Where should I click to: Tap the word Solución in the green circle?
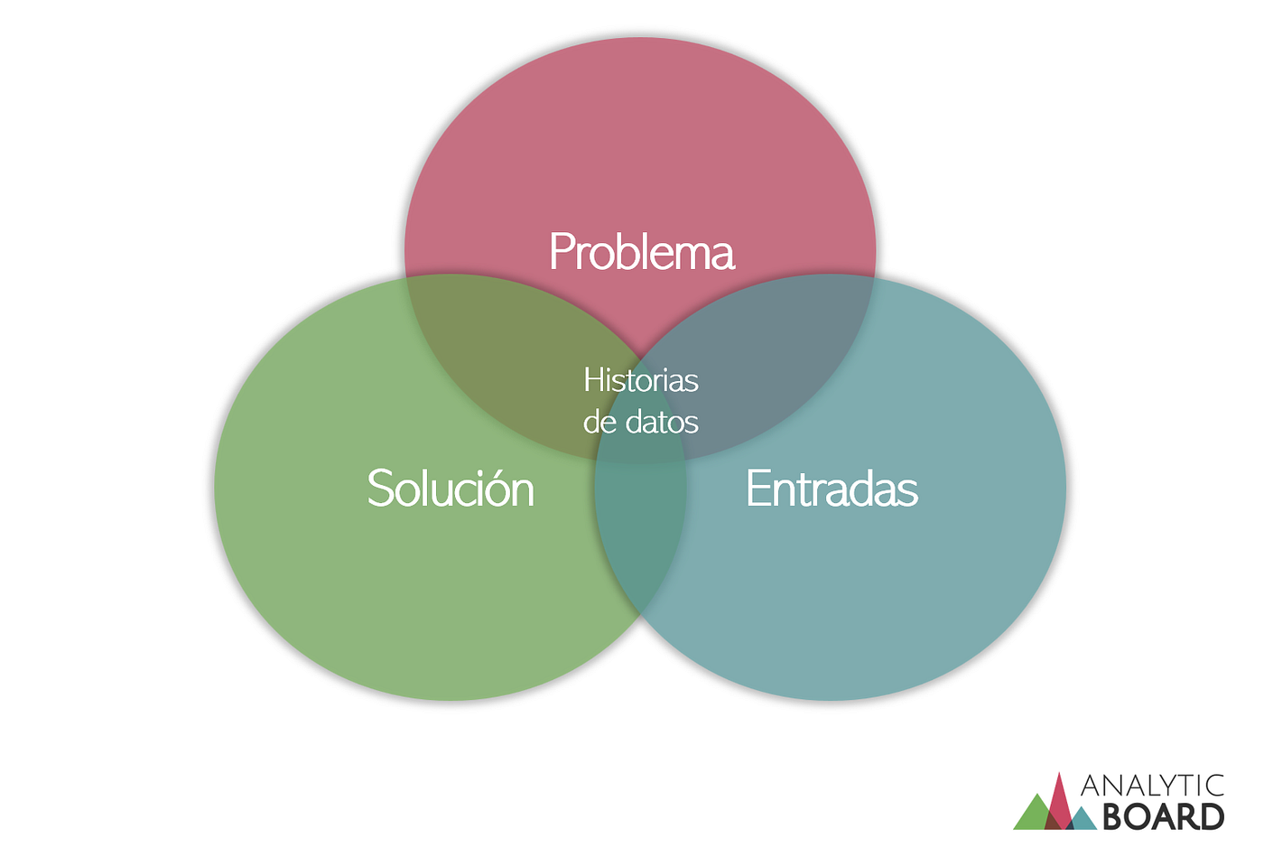(451, 489)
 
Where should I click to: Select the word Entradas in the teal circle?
(832, 489)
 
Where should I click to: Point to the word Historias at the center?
(641, 380)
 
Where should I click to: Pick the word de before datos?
(599, 422)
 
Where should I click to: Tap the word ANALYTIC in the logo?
(1152, 786)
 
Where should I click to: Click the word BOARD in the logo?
(1163, 817)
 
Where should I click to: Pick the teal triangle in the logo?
(1083, 819)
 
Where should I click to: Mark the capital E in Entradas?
(757, 489)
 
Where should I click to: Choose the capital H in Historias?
(592, 380)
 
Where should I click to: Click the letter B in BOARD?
(1113, 817)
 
